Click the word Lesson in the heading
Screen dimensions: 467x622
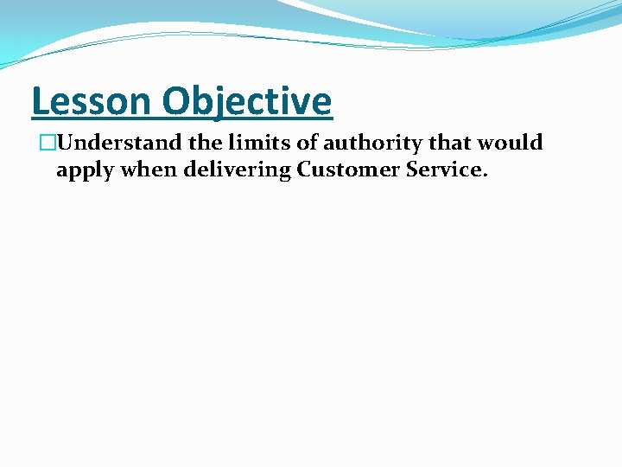tap(91, 101)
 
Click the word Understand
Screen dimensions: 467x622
tap(111, 143)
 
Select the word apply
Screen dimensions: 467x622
tap(85, 170)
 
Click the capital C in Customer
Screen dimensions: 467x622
tap(304, 170)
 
